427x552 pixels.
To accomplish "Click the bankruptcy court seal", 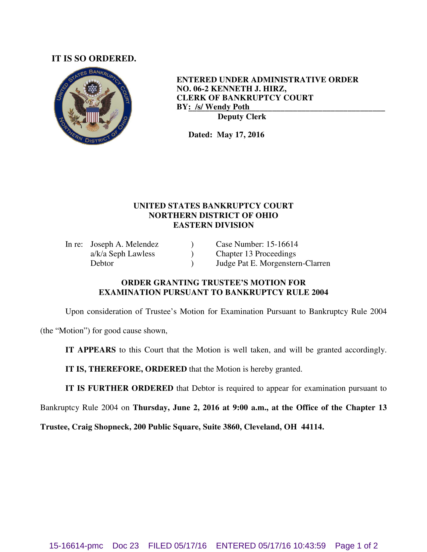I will tap(93, 106).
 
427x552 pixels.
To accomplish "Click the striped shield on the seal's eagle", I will tap(93, 115).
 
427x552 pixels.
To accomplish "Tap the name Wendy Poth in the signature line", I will tap(227, 107).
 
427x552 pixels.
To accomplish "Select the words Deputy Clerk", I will tap(242, 117).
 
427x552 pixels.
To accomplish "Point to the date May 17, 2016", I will tap(240, 135).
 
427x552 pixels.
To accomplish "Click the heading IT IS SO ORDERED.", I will tap(94, 59).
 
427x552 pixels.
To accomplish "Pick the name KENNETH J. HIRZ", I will tap(248, 89).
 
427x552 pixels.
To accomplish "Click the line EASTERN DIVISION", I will tap(213, 225).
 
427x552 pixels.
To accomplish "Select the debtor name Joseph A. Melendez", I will tap(124, 244).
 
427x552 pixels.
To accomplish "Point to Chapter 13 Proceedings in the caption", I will tap(255, 254).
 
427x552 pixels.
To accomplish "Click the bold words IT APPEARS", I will tap(90, 350).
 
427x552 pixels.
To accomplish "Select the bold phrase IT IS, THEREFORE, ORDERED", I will tap(126, 369).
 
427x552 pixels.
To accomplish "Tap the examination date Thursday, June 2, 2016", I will tap(176, 407).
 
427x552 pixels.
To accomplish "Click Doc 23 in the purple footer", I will tap(126, 545).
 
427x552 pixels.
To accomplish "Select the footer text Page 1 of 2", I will tap(356, 545).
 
